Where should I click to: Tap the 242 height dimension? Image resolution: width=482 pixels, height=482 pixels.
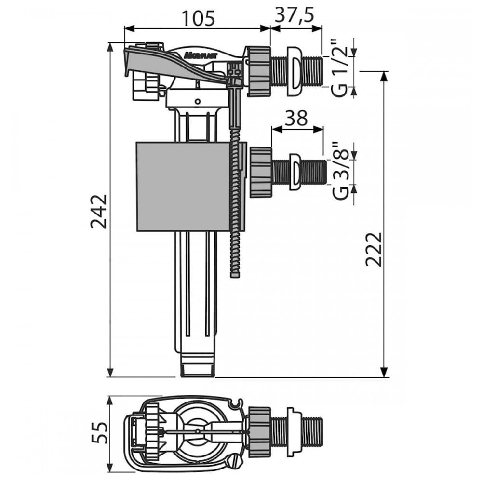99,212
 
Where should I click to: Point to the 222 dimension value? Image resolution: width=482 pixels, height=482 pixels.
374,249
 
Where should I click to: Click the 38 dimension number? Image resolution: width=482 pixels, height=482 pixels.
296,118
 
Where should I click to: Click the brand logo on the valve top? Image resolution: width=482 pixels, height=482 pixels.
201,55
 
